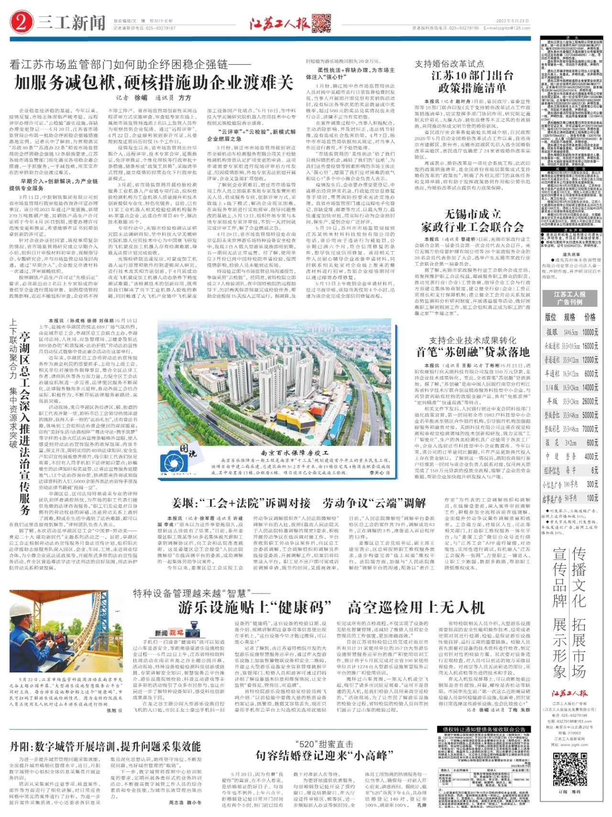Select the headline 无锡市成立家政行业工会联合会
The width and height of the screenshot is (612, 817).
click(x=472, y=220)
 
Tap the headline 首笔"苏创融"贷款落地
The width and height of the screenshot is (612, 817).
click(x=472, y=352)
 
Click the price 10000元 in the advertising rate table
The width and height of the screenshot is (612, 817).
click(x=590, y=332)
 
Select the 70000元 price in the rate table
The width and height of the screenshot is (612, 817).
click(x=590, y=429)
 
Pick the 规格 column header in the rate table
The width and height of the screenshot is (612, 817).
click(x=569, y=317)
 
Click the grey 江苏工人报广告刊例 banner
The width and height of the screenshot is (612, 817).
click(x=569, y=298)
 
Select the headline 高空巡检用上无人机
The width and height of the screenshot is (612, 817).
click(x=416, y=608)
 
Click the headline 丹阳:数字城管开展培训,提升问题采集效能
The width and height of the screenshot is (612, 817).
click(x=106, y=746)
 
